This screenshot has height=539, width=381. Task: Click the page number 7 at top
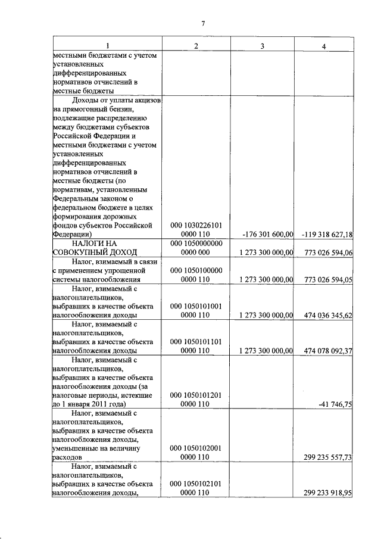[x=203, y=23]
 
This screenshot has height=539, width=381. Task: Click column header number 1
[x=107, y=46]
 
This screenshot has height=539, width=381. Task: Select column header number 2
[x=196, y=46]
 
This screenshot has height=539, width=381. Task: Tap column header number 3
[x=263, y=46]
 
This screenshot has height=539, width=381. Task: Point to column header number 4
[x=323, y=46]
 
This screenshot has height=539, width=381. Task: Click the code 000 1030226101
[x=196, y=225]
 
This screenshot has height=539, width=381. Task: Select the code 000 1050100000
[x=196, y=270]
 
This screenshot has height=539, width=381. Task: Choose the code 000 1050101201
[x=196, y=395]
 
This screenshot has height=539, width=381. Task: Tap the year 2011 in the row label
[x=107, y=404]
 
